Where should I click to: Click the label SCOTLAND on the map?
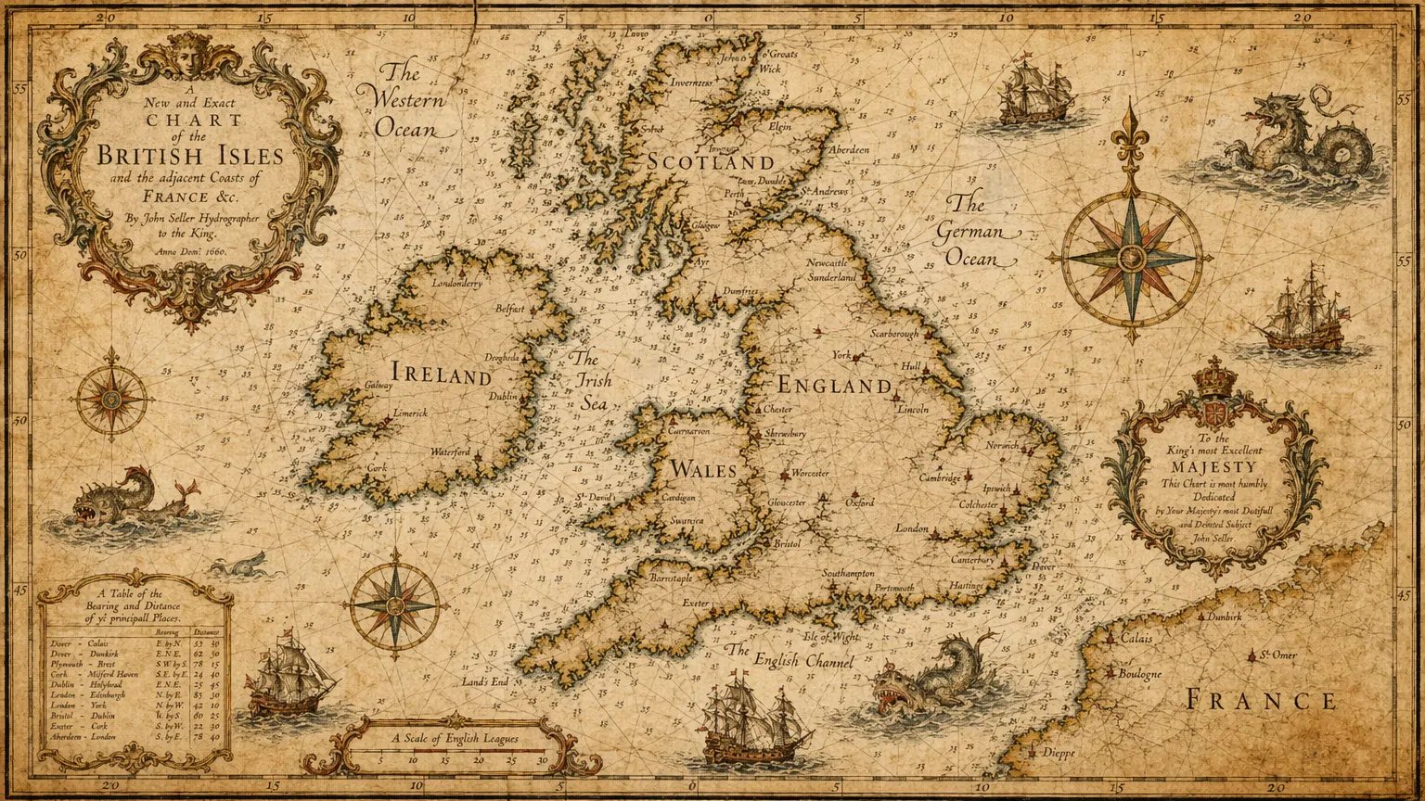[x=711, y=162]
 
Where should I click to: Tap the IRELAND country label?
[x=442, y=375]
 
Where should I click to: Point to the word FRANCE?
[x=1262, y=700]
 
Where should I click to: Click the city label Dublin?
[x=504, y=397]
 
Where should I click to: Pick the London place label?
[x=911, y=528]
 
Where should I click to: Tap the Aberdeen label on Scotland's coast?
[x=849, y=149]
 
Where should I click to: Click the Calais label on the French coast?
[x=1136, y=639]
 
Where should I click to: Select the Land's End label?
[x=485, y=682]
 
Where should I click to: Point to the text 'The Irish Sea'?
[x=591, y=381]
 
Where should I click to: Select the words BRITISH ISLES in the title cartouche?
[x=190, y=155]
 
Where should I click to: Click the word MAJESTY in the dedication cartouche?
[x=1213, y=467]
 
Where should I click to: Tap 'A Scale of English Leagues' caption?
[x=455, y=739]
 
